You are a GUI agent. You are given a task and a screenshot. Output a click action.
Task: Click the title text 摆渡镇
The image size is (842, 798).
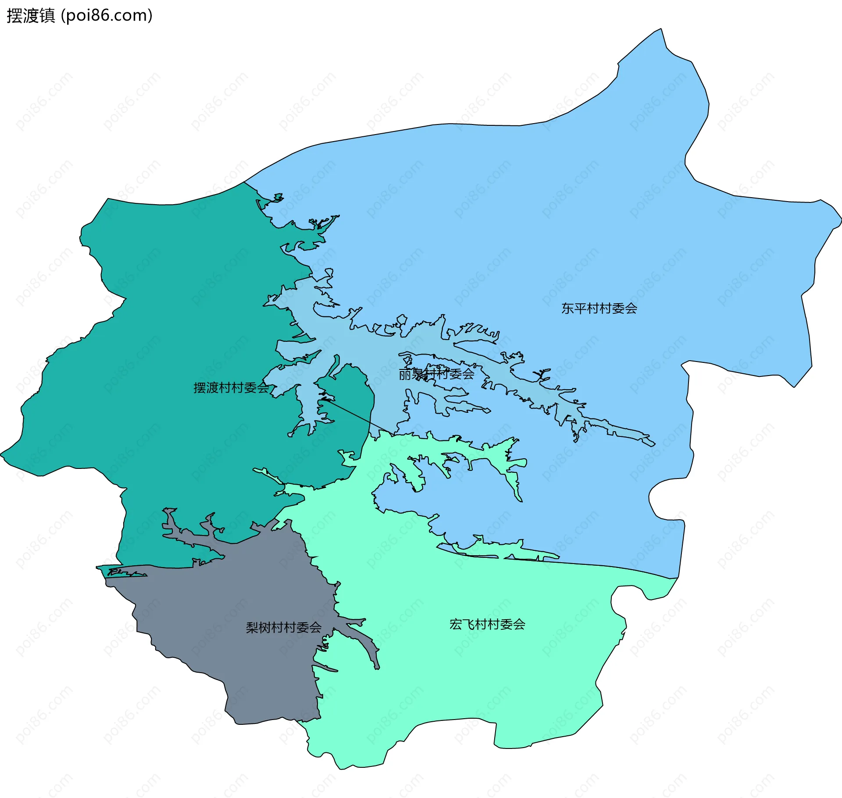(31, 16)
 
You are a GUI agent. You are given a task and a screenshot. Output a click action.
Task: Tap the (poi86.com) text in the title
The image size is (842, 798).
(107, 16)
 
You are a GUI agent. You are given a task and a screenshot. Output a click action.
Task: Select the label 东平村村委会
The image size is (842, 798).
(599, 309)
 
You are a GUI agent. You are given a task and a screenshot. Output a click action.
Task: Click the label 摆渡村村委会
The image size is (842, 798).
(231, 388)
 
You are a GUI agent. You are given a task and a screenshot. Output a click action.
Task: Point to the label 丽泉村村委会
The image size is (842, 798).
(436, 374)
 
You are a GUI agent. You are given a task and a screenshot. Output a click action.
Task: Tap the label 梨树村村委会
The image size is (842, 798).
(283, 628)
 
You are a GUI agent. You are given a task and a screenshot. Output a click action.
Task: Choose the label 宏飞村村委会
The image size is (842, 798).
(487, 624)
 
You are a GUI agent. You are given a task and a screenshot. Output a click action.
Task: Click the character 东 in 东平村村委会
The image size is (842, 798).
(567, 309)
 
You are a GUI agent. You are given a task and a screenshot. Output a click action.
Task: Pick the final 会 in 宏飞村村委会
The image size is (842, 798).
(519, 624)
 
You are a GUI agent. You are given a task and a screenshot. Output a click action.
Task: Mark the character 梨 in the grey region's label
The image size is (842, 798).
(252, 628)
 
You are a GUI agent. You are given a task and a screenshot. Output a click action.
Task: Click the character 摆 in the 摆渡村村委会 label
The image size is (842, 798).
(200, 388)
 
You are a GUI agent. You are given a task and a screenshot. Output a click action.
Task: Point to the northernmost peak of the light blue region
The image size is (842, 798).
(661, 29)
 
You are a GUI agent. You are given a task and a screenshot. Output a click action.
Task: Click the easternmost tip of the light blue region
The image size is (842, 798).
(841, 218)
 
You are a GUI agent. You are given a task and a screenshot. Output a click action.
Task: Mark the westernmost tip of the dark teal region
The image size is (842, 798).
(1, 454)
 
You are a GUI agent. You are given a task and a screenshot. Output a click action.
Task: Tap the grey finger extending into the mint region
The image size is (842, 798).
(368, 644)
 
